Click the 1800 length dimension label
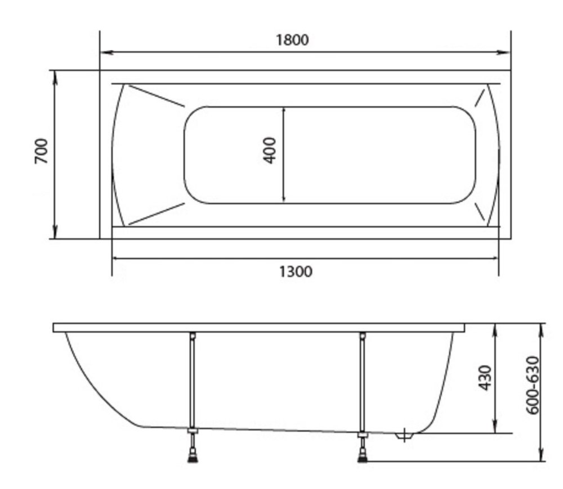coord(292,40)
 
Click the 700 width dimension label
coord(41,151)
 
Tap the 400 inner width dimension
coord(270,151)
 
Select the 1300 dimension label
coord(296,271)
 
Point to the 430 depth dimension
coord(485,378)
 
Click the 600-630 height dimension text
coord(533,385)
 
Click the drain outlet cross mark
coord(404,435)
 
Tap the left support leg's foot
coord(193,458)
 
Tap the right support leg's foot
coord(363,458)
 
